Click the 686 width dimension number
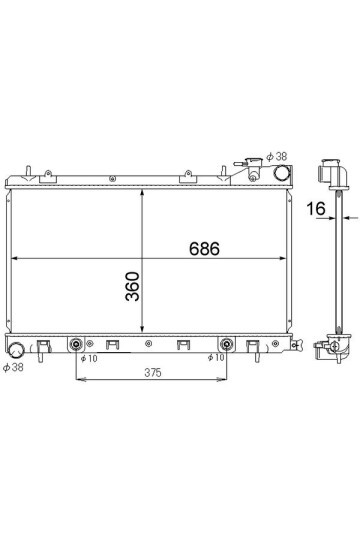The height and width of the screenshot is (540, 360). click(x=204, y=248)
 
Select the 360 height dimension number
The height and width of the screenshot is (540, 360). click(x=133, y=287)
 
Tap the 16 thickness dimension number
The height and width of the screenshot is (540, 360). click(x=316, y=208)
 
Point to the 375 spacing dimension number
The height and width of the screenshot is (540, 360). click(x=153, y=373)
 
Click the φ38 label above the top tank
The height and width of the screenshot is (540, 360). click(x=277, y=156)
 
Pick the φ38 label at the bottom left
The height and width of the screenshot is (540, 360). click(x=13, y=367)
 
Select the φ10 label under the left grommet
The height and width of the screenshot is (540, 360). click(x=89, y=359)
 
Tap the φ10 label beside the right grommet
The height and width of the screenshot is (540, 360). click(x=216, y=357)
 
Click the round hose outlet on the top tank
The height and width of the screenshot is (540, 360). click(x=281, y=173)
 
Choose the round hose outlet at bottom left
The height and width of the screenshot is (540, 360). click(x=16, y=350)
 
